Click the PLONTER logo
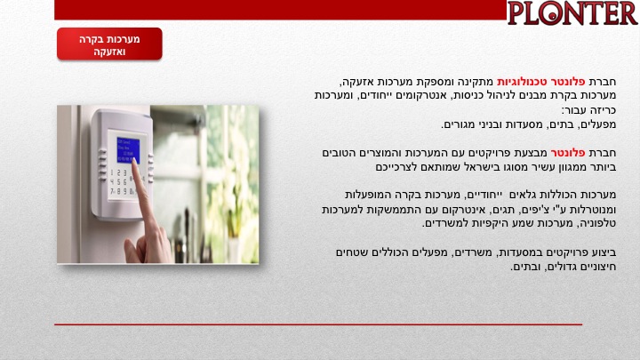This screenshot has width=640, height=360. click(572, 13)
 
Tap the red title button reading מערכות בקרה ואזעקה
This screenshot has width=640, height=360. click(109, 44)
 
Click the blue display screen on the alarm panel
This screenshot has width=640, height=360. click(128, 150)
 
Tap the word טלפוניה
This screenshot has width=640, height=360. click(598, 224)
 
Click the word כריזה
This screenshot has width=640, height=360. click(604, 110)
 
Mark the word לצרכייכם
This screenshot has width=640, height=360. click(396, 167)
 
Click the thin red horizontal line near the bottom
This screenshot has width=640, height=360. click(318, 325)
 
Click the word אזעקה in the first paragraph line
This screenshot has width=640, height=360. click(356, 82)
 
